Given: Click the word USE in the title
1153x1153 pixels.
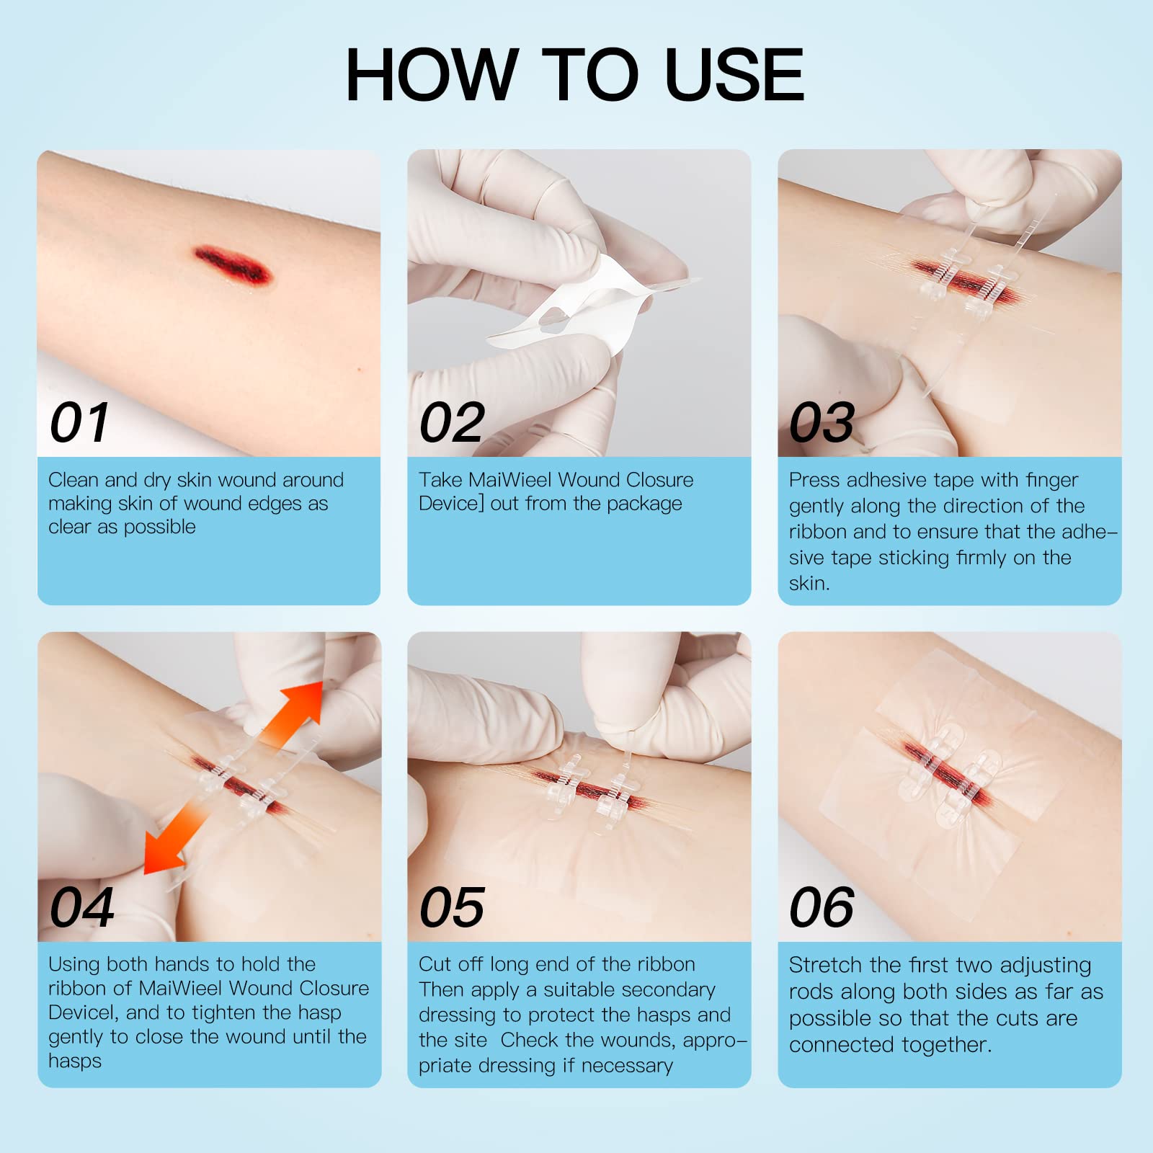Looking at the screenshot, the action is (x=734, y=74).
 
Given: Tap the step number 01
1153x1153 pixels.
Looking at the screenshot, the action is (x=80, y=423).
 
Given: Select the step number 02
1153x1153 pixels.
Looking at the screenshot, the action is (x=452, y=423).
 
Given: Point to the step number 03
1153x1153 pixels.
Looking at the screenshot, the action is (x=822, y=423).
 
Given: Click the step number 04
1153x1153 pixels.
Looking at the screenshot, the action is (x=81, y=907).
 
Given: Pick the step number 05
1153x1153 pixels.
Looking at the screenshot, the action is (x=452, y=907).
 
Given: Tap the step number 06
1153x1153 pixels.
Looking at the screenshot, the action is (x=822, y=907).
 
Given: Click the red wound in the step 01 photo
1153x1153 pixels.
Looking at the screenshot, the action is (x=233, y=264).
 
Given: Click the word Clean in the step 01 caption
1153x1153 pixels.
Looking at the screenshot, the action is (x=74, y=480).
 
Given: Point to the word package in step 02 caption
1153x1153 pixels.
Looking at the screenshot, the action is (x=644, y=504).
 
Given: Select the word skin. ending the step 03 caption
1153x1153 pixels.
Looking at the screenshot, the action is (x=809, y=583).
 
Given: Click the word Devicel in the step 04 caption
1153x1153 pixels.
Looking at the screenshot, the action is (x=83, y=1012).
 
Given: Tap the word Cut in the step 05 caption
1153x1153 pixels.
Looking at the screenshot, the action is (x=435, y=964).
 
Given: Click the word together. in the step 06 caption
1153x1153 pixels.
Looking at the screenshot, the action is (x=945, y=1046).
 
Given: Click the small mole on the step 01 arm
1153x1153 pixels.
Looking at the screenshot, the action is (x=360, y=370).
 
